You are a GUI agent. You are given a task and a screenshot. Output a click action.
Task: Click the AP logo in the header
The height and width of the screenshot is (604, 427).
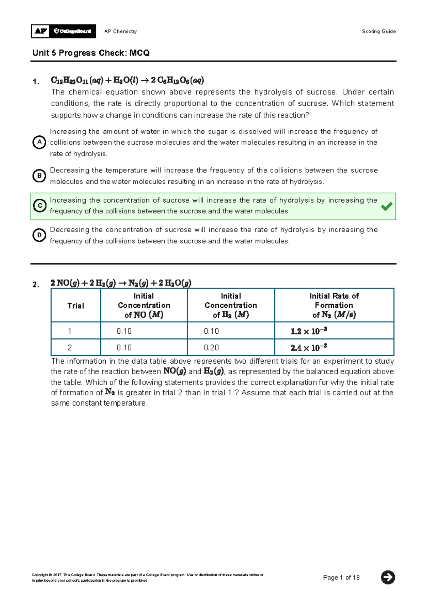coord(41,31)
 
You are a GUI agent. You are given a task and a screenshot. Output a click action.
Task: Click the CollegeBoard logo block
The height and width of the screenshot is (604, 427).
coord(73,31)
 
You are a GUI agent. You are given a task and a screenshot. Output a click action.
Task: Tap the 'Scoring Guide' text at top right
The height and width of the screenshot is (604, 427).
coord(379,31)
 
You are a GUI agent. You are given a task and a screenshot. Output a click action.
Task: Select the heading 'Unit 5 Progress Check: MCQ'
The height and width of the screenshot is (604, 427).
coord(91,53)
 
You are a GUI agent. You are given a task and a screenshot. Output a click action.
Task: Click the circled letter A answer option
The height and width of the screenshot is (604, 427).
coord(39,142)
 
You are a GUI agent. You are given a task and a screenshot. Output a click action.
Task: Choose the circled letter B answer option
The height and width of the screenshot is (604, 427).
coord(39,176)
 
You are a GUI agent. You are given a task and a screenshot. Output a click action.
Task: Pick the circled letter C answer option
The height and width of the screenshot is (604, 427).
coord(39,205)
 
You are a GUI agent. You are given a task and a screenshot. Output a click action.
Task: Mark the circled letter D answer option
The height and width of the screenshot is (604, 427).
coord(39,235)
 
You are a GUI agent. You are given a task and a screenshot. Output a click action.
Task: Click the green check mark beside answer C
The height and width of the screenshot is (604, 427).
coord(386,206)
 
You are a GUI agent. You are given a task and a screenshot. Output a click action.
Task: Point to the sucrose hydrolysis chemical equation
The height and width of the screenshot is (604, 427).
coord(127,80)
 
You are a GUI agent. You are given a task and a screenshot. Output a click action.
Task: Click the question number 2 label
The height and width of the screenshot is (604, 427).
coord(36,285)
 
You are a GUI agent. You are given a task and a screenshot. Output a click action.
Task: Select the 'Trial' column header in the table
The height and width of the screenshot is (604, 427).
coord(76,306)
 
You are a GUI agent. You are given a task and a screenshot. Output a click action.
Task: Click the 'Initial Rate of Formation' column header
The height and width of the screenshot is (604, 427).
coord(334,305)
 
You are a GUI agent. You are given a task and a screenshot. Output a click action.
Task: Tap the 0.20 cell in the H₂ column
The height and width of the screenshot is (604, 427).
coord(211,348)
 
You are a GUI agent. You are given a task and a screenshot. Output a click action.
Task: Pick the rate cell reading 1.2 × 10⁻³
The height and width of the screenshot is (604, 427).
coord(309,331)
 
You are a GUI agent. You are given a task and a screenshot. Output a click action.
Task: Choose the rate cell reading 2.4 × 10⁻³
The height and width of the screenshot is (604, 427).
coord(309,348)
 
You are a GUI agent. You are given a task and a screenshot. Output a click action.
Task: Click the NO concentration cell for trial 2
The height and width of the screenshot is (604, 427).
coord(124,348)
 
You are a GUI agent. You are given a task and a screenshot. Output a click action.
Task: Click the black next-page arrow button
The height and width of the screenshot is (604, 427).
coord(388,577)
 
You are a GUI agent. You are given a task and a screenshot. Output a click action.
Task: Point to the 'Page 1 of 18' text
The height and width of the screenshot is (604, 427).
coord(341,578)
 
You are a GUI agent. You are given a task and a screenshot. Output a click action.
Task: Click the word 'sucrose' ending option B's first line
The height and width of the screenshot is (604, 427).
coord(364,170)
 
